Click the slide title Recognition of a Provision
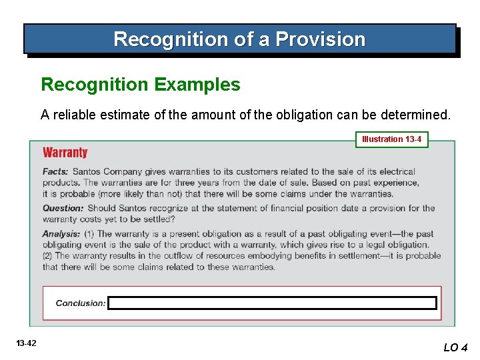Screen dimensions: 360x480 (x=239, y=39)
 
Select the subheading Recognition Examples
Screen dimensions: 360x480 (x=141, y=85)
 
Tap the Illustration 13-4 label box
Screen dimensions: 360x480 (x=391, y=139)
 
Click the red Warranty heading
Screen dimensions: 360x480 (x=65, y=153)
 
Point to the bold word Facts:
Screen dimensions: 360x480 (x=56, y=171)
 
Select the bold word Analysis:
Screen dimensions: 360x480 (x=61, y=234)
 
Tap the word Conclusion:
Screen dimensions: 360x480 (x=81, y=303)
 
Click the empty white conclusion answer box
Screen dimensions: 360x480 (x=272, y=303)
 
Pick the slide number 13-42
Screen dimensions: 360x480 (x=27, y=343)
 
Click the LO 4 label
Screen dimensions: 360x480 (x=456, y=347)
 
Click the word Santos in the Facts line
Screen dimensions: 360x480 (x=87, y=171)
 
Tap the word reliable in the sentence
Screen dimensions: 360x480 (x=75, y=115)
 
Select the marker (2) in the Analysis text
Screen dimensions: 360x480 (x=48, y=256)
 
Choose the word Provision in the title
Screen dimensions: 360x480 (x=321, y=39)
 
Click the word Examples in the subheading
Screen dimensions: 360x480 (x=197, y=85)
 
